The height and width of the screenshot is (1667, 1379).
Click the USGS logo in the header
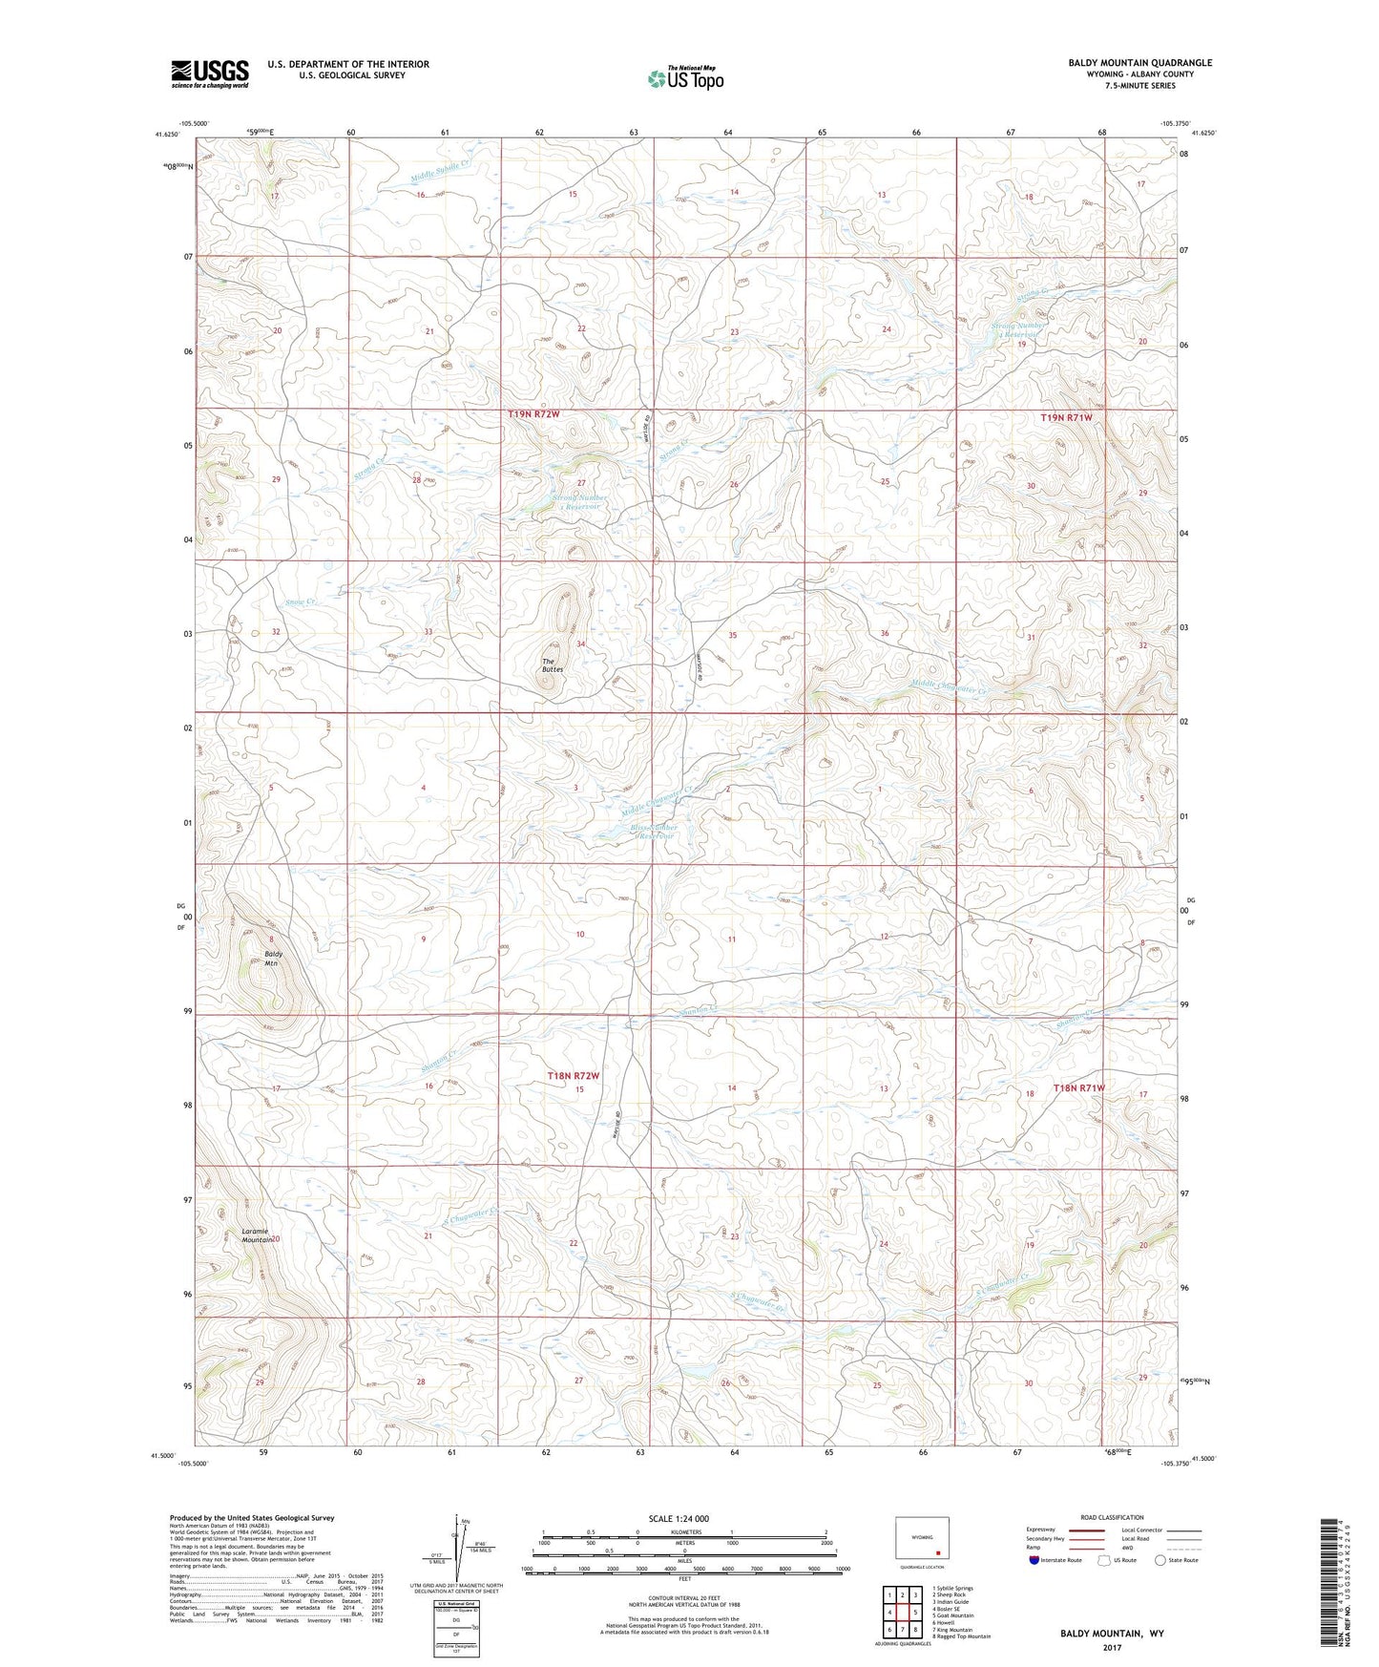209,74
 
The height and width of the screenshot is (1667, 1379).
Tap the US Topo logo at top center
685,79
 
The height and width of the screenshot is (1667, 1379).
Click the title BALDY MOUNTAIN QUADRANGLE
1140,63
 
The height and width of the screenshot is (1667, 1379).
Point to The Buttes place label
553,665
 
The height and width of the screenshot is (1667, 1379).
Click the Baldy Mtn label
274,959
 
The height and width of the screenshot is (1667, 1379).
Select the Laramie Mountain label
254,1235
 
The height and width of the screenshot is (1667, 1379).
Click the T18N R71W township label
1078,1087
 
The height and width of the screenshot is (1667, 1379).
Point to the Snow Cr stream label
300,603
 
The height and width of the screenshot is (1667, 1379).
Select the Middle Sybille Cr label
441,173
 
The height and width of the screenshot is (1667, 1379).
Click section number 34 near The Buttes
579,644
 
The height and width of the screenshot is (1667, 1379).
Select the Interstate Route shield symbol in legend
1035,1560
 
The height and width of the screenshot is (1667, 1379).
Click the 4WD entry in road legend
1128,1549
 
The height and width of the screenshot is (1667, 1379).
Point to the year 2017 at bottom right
1112,1647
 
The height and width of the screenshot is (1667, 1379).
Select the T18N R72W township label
574,1076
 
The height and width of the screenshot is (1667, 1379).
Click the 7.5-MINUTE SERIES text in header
1140,86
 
